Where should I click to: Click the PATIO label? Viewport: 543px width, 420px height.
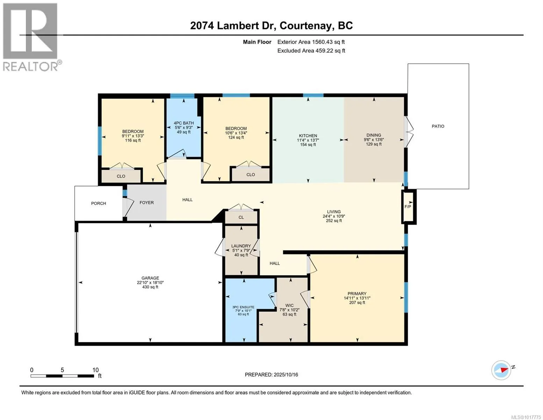[x=438, y=126]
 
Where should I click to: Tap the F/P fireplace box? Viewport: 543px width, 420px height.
[x=409, y=206]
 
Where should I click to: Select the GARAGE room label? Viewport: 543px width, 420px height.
[x=150, y=278]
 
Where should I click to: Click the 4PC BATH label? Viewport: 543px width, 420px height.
[x=184, y=123]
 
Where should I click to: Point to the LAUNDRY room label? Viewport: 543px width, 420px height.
[x=241, y=246]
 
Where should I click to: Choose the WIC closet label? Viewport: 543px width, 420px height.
[x=290, y=306]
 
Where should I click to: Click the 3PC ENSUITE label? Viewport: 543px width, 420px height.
[x=243, y=307]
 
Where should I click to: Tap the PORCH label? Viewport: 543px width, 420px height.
[x=99, y=203]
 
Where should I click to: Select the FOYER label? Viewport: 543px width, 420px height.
[x=147, y=203]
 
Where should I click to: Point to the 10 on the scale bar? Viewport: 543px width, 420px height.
[x=95, y=370]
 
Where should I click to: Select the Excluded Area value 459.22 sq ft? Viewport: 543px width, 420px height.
[x=330, y=51]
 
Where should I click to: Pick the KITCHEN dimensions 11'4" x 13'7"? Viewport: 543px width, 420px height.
[x=308, y=140]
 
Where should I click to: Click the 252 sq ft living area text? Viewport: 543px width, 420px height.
[x=334, y=220]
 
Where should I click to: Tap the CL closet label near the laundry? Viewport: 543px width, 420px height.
[x=241, y=217]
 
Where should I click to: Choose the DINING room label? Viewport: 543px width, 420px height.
[x=374, y=135]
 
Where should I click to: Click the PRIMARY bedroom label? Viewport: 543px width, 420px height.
[x=357, y=293]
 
